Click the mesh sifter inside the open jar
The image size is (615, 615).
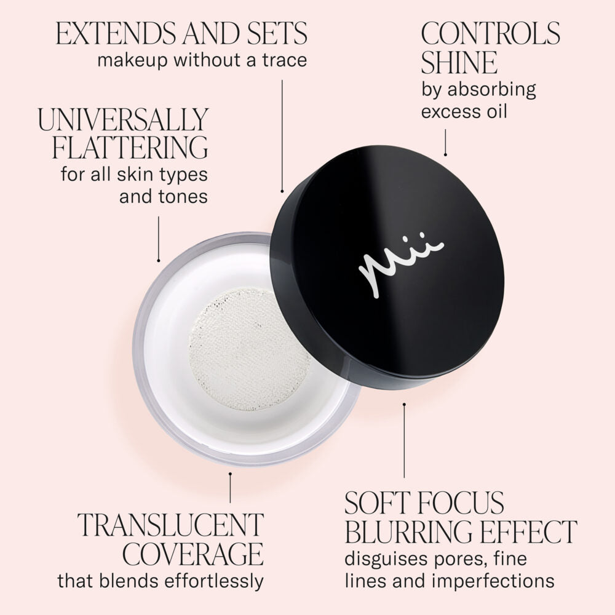(250, 348)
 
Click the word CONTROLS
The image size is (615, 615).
(490, 33)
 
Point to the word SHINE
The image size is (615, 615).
(459, 63)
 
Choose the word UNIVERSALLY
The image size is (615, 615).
(124, 120)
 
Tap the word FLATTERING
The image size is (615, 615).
(130, 148)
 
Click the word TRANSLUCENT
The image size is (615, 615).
(170, 525)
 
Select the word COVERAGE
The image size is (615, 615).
(192, 553)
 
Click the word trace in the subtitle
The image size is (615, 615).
(284, 61)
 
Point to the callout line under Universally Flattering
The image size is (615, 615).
(159, 239)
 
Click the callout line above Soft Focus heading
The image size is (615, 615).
(404, 440)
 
